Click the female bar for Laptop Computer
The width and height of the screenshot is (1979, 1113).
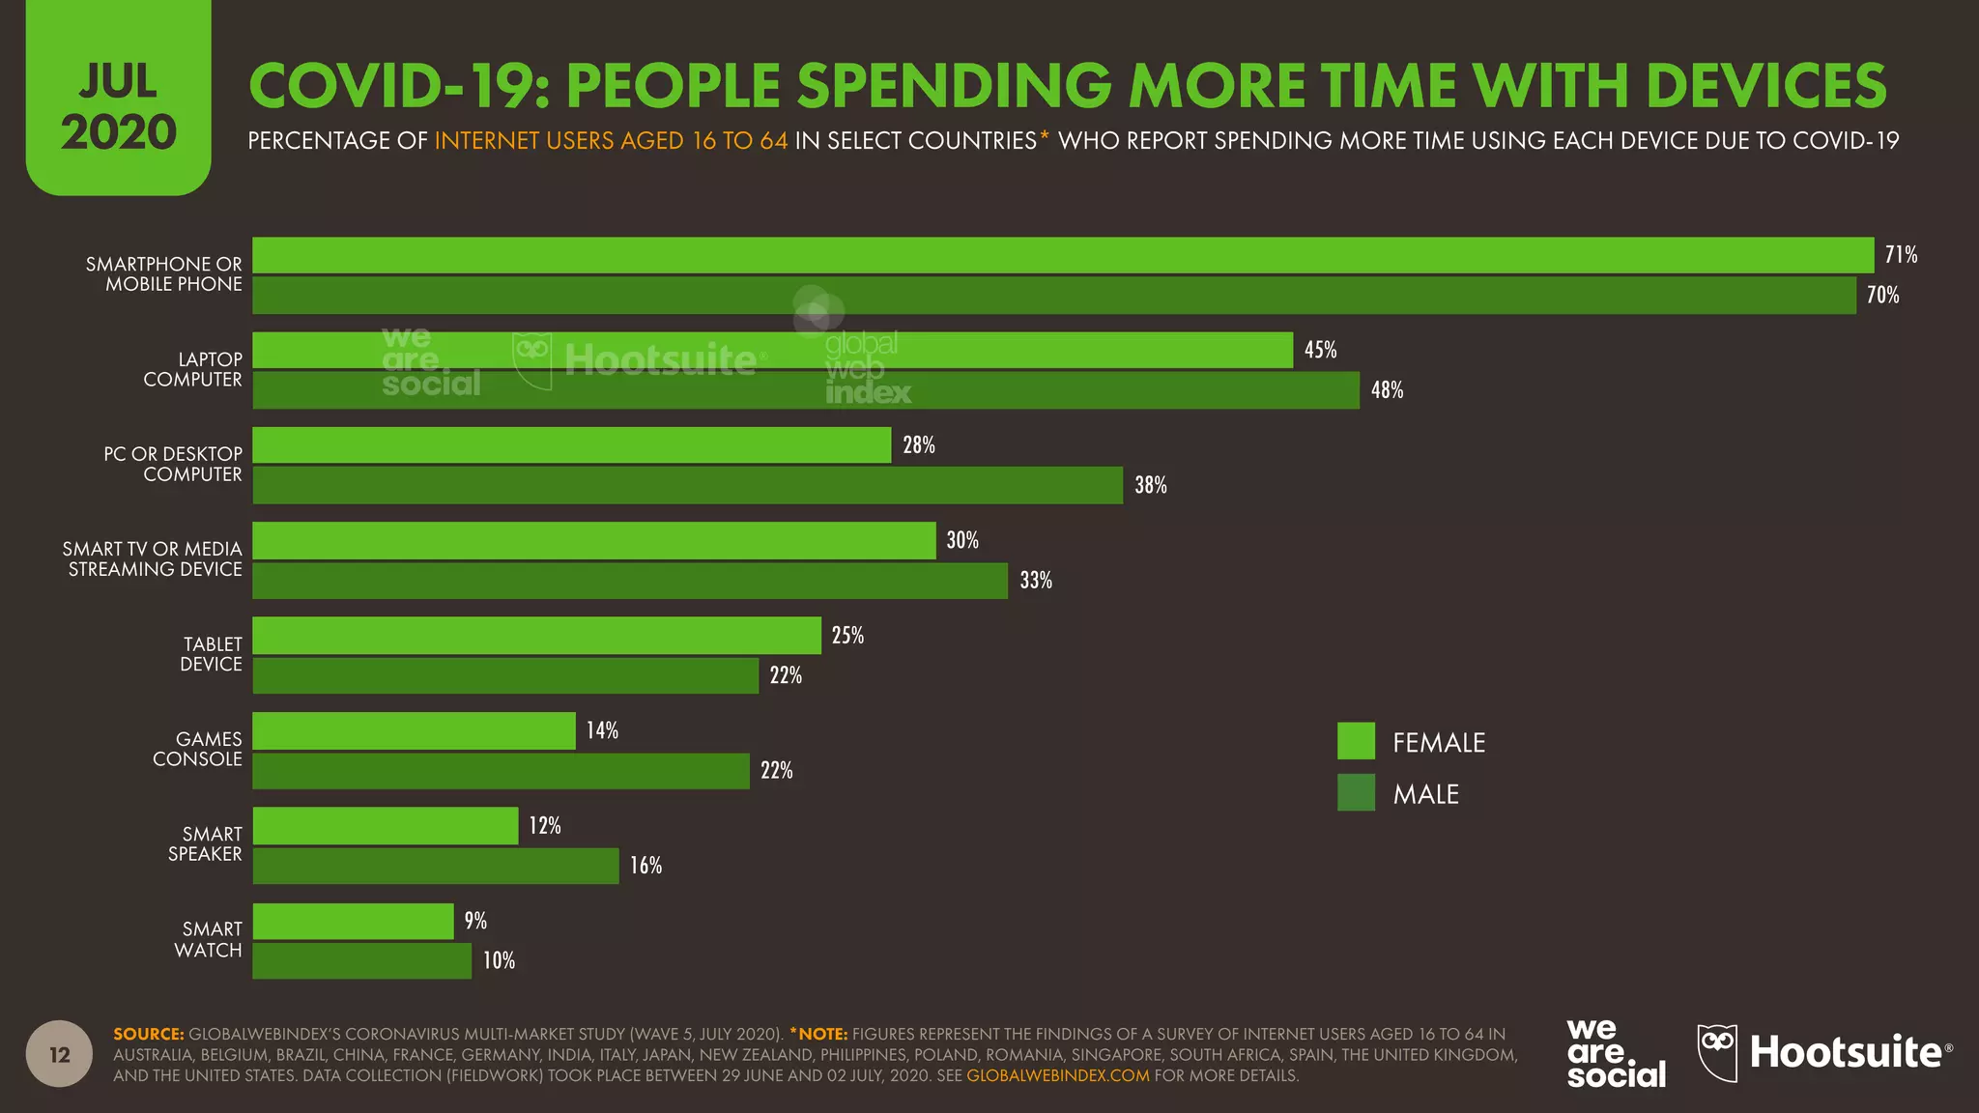[x=772, y=350]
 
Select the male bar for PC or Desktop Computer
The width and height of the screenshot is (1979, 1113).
[x=687, y=485]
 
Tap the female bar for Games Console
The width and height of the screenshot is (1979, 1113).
[x=414, y=730]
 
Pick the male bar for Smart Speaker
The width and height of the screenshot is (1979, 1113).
[x=435, y=866]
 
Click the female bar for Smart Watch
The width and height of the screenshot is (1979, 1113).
[x=353, y=921]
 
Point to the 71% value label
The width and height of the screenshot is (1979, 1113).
[x=1900, y=255]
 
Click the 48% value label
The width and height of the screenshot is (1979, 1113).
[x=1387, y=390]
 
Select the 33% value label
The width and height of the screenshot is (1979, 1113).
[x=1035, y=581]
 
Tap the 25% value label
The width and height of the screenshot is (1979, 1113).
[x=847, y=636]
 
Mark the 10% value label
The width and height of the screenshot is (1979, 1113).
[x=499, y=960]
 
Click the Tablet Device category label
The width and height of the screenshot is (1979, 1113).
[x=211, y=654]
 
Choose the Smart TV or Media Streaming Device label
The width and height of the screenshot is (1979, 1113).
[x=153, y=559]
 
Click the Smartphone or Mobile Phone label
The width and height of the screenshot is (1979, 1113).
[x=164, y=274]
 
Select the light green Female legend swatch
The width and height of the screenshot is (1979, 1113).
[x=1356, y=741]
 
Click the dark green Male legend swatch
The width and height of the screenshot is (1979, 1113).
[x=1356, y=793]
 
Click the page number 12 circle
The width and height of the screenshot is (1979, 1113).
[x=60, y=1054]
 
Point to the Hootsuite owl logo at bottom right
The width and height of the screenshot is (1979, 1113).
[x=1717, y=1051]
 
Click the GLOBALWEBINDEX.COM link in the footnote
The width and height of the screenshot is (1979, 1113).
[x=1057, y=1075]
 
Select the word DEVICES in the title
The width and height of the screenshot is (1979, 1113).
[x=1765, y=85]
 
